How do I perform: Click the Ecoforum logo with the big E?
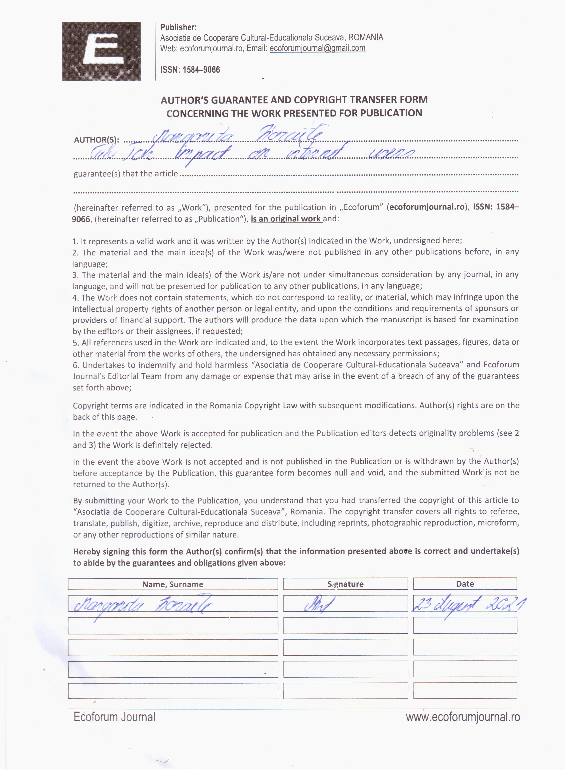[x=101, y=51]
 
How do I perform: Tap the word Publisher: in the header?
[x=178, y=27]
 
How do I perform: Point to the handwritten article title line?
[x=252, y=153]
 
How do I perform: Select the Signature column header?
[x=345, y=584]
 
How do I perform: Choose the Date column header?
[x=465, y=584]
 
